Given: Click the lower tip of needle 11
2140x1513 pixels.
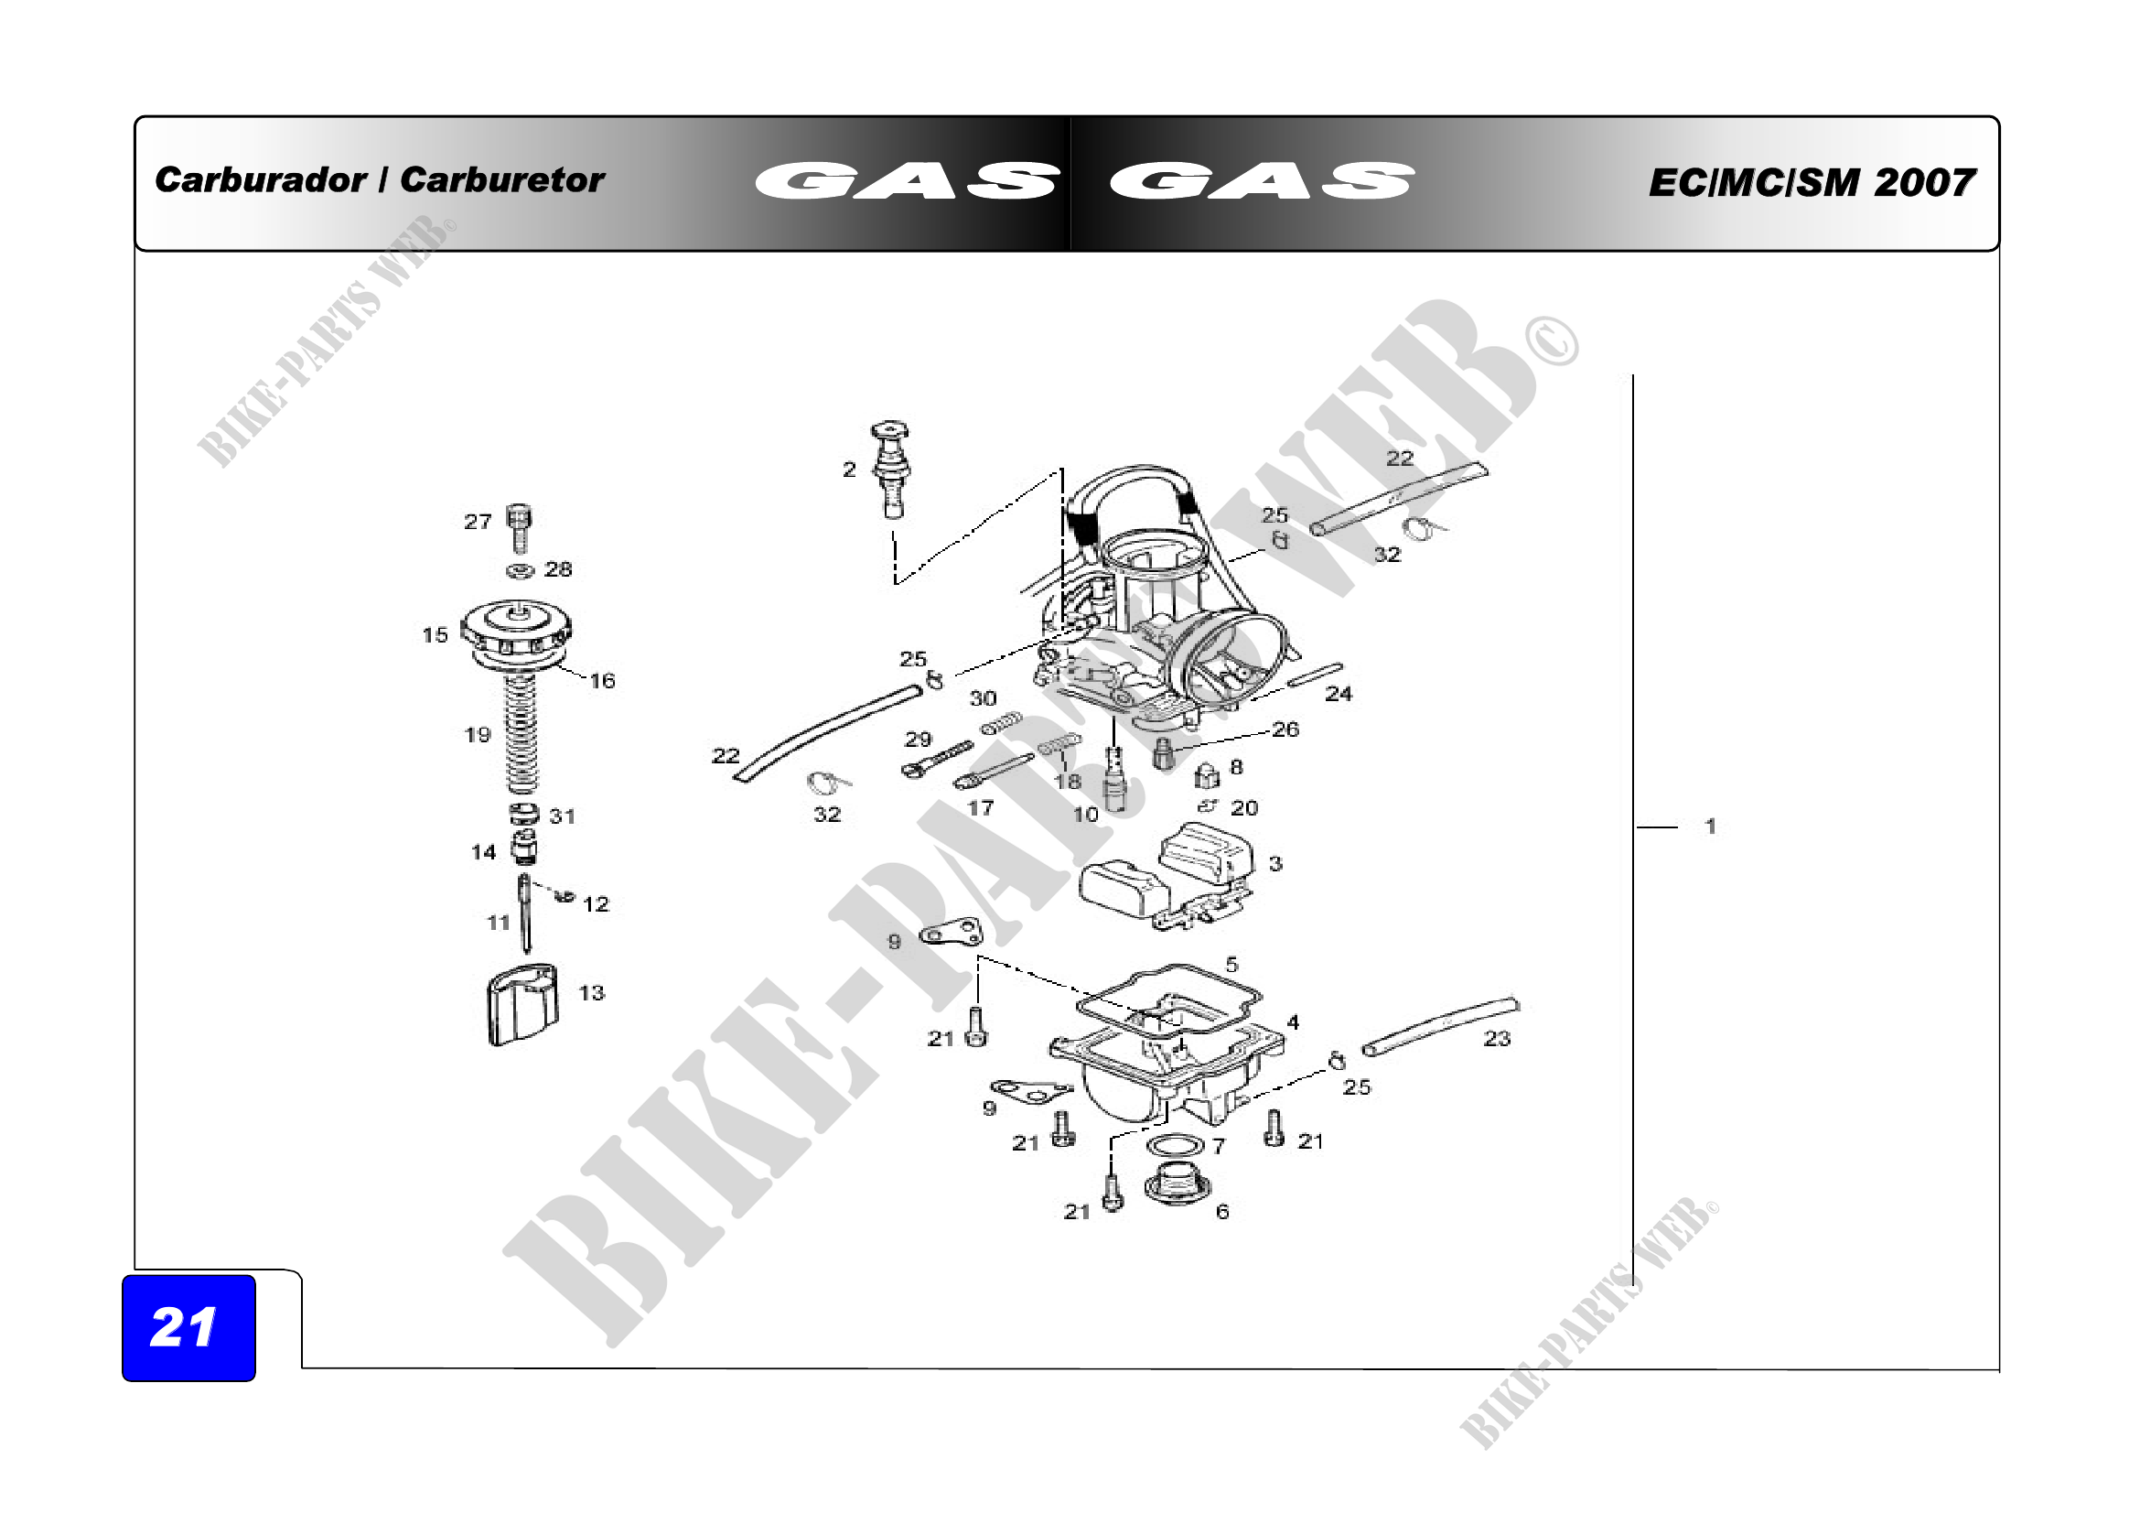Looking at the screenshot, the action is click(528, 952).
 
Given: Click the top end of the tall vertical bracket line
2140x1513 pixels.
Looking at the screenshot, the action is click(1632, 374).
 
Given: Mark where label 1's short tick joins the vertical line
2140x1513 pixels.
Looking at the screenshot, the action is click(1633, 827).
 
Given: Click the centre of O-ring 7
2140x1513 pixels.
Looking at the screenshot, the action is click(1175, 1145).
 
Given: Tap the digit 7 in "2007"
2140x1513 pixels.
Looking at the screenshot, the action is click(1957, 183).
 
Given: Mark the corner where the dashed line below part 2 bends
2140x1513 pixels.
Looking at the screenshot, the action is click(896, 584).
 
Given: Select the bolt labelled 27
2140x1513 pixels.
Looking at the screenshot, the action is click(520, 527).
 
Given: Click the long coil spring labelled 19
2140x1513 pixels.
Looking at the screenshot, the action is click(521, 735).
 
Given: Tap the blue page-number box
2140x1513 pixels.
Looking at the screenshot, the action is click(189, 1327).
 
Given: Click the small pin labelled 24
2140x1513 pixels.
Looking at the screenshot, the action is click(1315, 674).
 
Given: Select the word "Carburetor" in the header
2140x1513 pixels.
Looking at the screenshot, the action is click(502, 179).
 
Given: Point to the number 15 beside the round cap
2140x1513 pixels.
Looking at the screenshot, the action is click(436, 635).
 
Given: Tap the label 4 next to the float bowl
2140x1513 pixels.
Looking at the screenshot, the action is click(1293, 1021).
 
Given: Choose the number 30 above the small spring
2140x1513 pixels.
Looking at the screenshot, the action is click(984, 698).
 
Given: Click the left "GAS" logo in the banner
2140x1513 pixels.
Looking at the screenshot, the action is click(906, 181).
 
